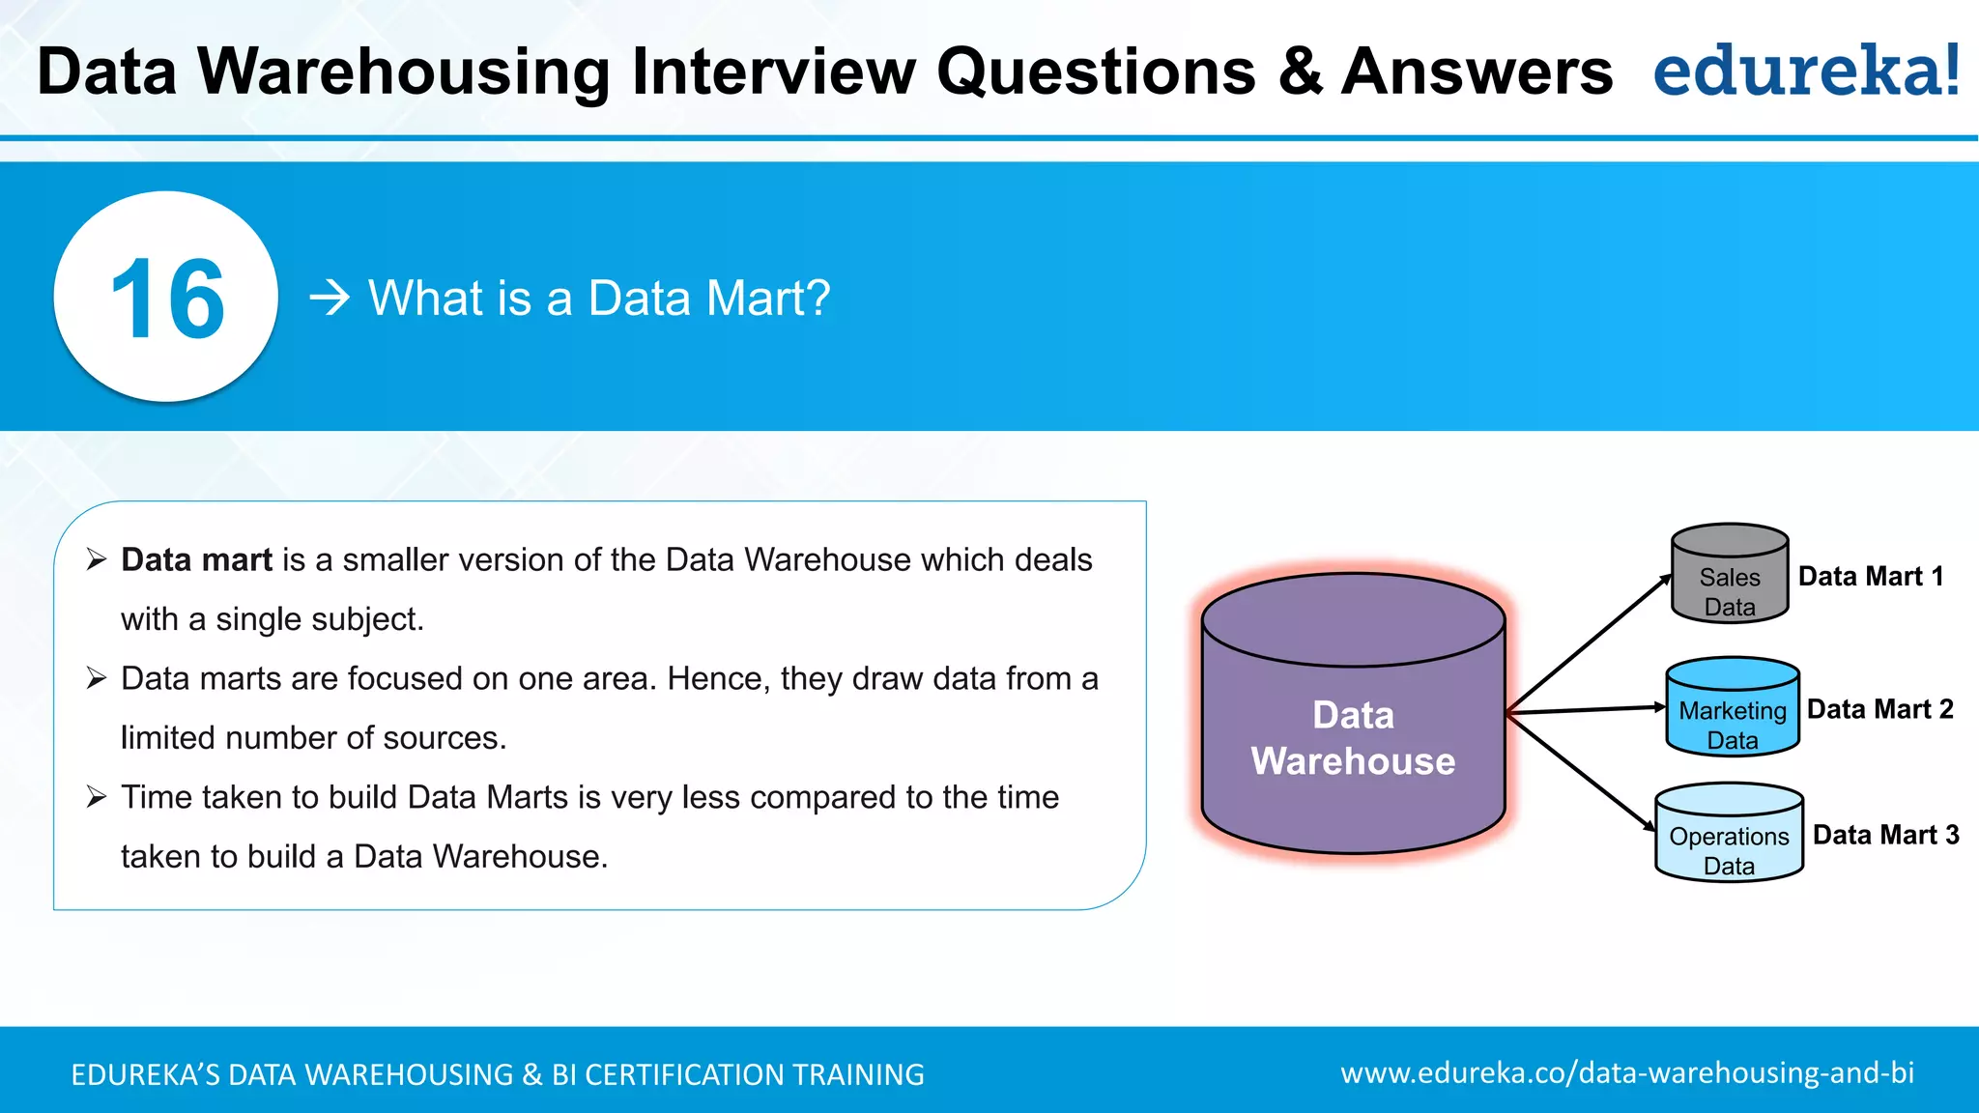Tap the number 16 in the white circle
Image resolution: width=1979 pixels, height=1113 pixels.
pos(167,300)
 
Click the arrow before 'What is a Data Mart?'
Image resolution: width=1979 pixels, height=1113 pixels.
pos(330,298)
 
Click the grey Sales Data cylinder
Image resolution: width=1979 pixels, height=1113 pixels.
pos(1730,576)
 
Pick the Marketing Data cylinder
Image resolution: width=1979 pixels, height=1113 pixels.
pos(1733,708)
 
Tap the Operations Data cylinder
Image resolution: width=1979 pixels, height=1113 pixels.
pos(1729,834)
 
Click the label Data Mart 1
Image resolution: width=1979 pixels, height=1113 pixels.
pos(1871,577)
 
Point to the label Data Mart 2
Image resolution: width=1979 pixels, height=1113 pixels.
pos(1879,709)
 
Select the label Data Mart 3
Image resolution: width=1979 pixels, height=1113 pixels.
pos(1885,835)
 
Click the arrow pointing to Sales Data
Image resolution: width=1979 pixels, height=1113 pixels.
pos(1590,643)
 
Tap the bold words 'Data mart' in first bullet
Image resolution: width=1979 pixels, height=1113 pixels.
pos(196,560)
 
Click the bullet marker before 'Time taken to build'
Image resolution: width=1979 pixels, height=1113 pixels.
pos(96,797)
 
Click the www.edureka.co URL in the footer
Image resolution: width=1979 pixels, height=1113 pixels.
pos(1626,1073)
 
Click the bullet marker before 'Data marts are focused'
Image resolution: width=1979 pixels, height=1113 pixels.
pos(96,678)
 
